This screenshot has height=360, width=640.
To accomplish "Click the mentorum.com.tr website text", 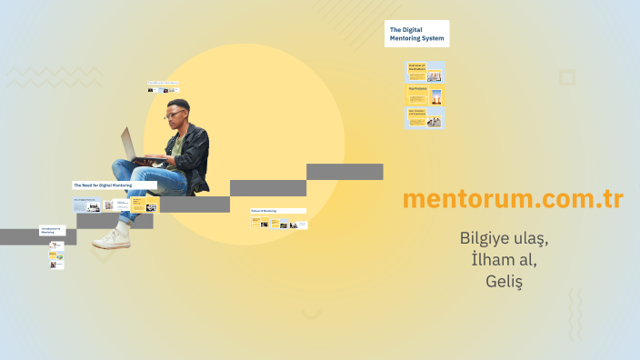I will [x=512, y=199].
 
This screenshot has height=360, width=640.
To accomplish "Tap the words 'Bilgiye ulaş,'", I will [x=504, y=239].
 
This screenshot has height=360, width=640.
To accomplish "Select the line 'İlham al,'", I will [x=504, y=260].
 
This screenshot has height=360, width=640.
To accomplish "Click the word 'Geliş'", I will [x=504, y=282].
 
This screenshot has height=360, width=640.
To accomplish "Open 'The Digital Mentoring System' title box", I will [x=416, y=35].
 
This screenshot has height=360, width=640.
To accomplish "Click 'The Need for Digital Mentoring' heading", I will [x=114, y=185].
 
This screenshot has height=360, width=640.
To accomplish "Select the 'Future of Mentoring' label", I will [x=277, y=211].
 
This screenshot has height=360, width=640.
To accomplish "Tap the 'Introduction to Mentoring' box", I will [x=52, y=231].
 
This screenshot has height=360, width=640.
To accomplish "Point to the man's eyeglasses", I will [x=173, y=115].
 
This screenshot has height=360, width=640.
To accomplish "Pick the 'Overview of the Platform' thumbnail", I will [x=425, y=72].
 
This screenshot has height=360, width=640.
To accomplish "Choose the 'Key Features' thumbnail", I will [x=425, y=95].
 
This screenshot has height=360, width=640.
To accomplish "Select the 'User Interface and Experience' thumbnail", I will [x=425, y=118].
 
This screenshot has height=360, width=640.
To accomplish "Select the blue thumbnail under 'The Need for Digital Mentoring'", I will [x=87, y=205].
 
